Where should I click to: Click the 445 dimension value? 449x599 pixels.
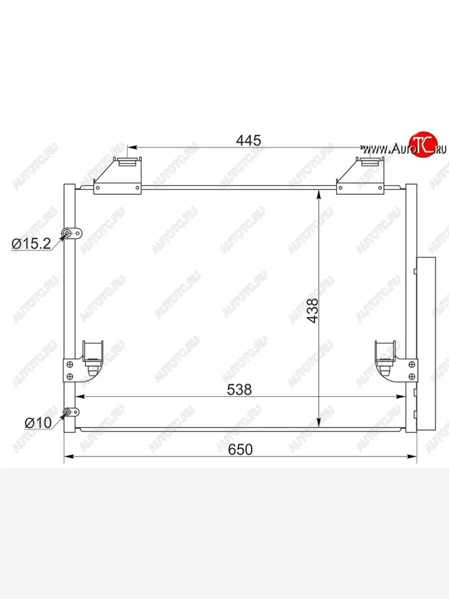point(248,141)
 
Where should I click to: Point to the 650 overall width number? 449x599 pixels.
point(240,449)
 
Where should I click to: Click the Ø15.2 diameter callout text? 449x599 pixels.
point(31,244)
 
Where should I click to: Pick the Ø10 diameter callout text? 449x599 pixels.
point(38,423)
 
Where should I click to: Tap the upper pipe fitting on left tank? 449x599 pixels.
point(72,234)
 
